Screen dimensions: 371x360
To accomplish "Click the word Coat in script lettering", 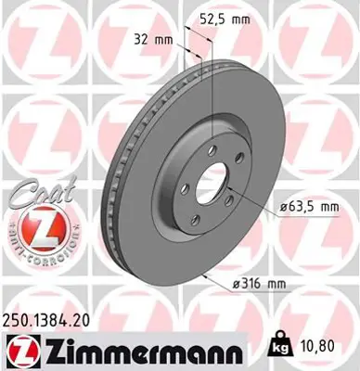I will pos(32,198).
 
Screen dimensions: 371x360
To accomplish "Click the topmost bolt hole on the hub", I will pos(212,150).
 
